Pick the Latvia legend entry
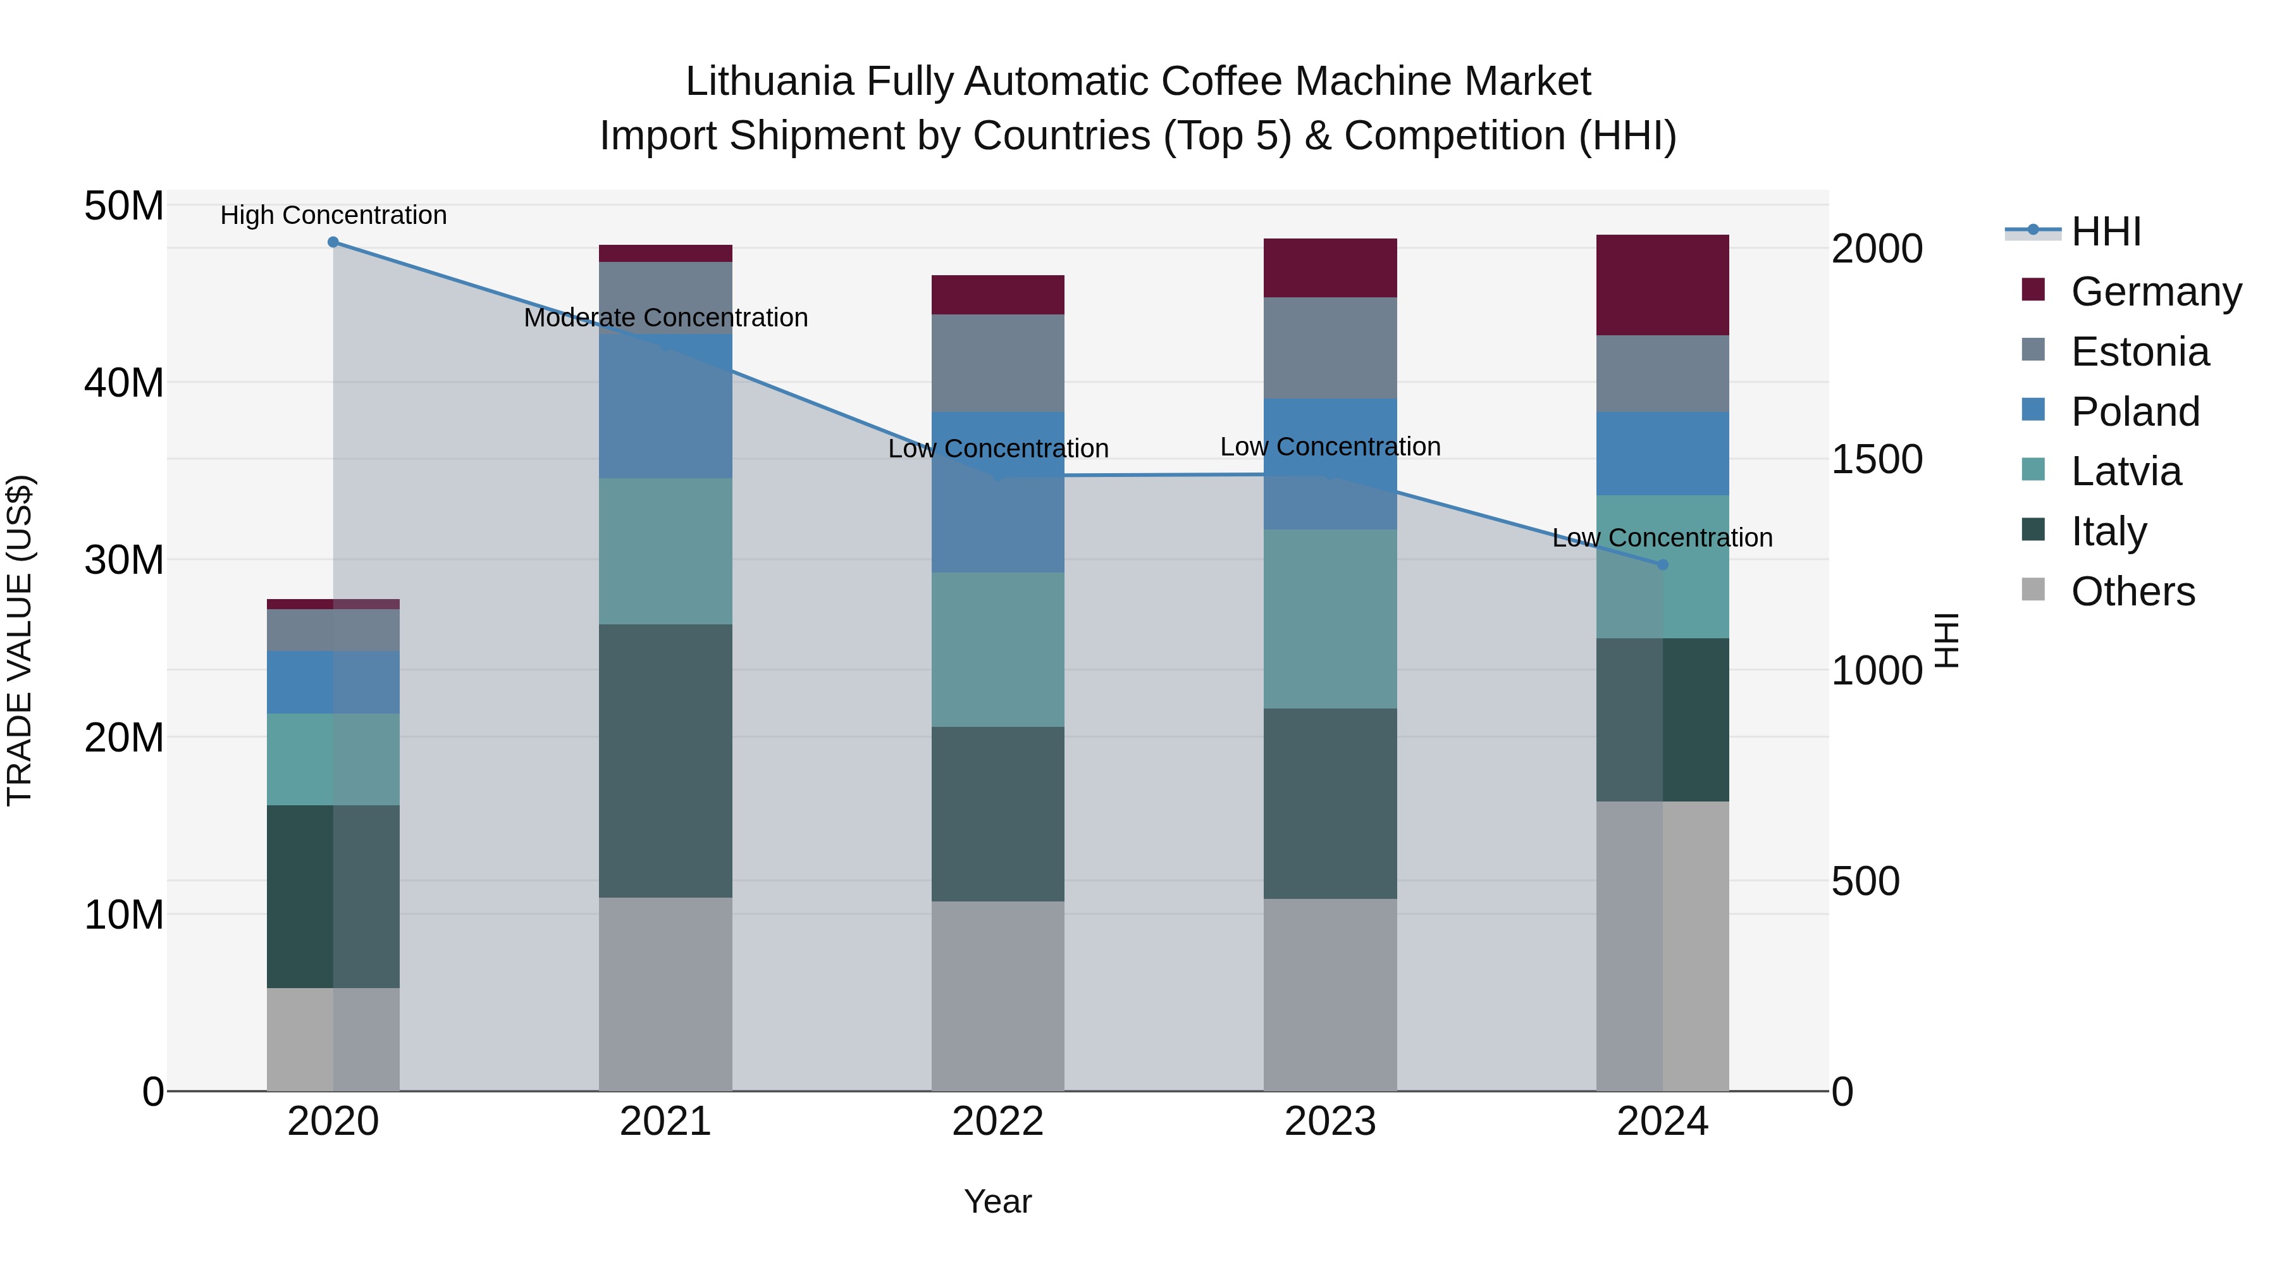pyautogui.click(x=2125, y=471)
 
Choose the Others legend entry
pyautogui.click(x=2132, y=591)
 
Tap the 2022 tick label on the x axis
pyautogui.click(x=997, y=1122)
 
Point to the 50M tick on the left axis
pyautogui.click(x=124, y=206)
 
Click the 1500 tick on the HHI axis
pyautogui.click(x=1876, y=459)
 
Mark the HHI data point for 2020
pyautogui.click(x=333, y=242)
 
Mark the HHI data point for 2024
pyautogui.click(x=1663, y=565)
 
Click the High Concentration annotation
pyautogui.click(x=333, y=215)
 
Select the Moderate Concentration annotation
pyautogui.click(x=665, y=318)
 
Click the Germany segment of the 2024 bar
pyautogui.click(x=1663, y=285)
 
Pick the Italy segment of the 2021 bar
pyautogui.click(x=665, y=760)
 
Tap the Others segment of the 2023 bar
pyautogui.click(x=1330, y=994)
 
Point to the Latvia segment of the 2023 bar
pyautogui.click(x=1330, y=619)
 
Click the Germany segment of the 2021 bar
pyautogui.click(x=665, y=254)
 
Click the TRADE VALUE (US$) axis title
pyautogui.click(x=20, y=640)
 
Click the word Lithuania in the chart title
pyautogui.click(x=769, y=82)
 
